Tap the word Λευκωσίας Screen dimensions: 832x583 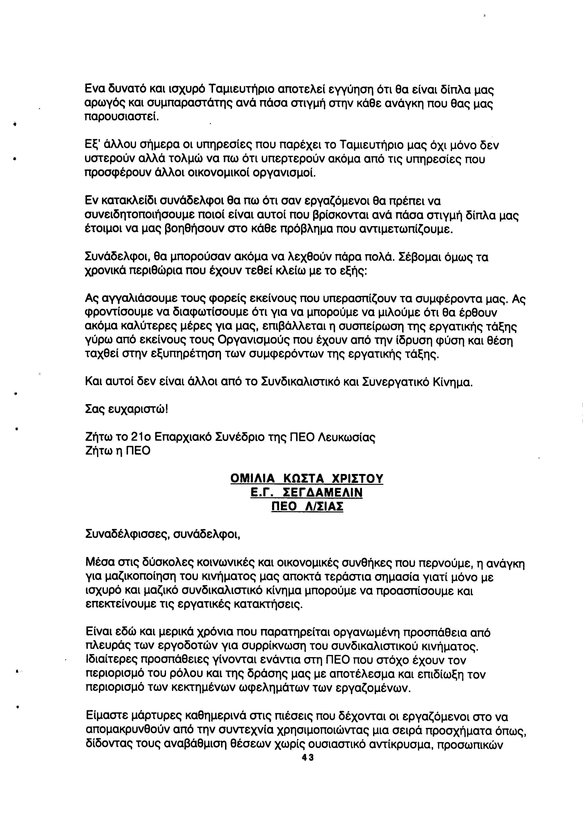[346, 437]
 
